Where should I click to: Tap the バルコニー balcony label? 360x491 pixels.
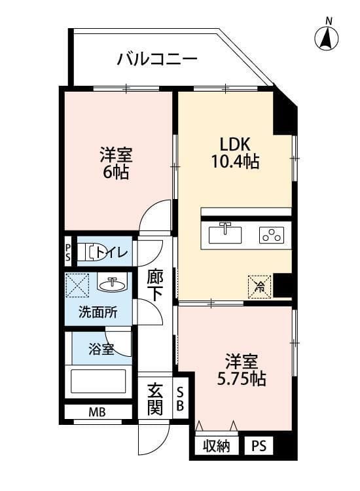pyautogui.click(x=157, y=60)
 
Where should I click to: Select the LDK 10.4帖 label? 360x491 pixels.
pyautogui.click(x=234, y=153)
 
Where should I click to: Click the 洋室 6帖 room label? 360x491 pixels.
pyautogui.click(x=117, y=164)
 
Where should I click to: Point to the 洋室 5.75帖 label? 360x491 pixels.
pyautogui.click(x=242, y=370)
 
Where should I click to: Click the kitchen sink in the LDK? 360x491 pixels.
pyautogui.click(x=226, y=232)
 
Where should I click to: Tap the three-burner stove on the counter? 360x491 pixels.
pyautogui.click(x=271, y=234)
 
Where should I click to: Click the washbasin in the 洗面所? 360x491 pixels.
pyautogui.click(x=112, y=283)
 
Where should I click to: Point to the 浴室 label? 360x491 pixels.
pyautogui.click(x=101, y=349)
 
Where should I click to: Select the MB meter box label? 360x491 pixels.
pyautogui.click(x=97, y=412)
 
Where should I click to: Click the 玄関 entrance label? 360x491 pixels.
pyautogui.click(x=154, y=399)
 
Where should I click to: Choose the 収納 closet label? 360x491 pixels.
pyautogui.click(x=216, y=447)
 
